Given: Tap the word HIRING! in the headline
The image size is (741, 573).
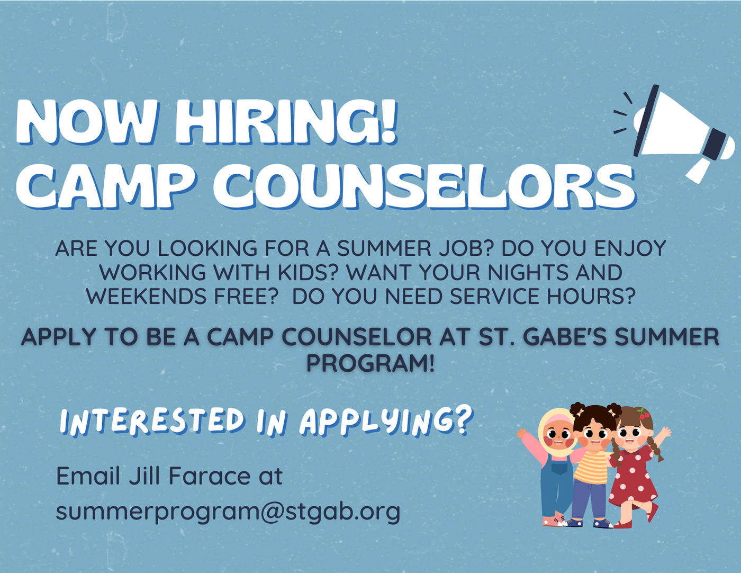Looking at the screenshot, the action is [286, 122].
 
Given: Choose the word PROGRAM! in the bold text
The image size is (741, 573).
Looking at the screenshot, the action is [370, 363].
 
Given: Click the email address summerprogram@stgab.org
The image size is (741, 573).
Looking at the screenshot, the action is [228, 512].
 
